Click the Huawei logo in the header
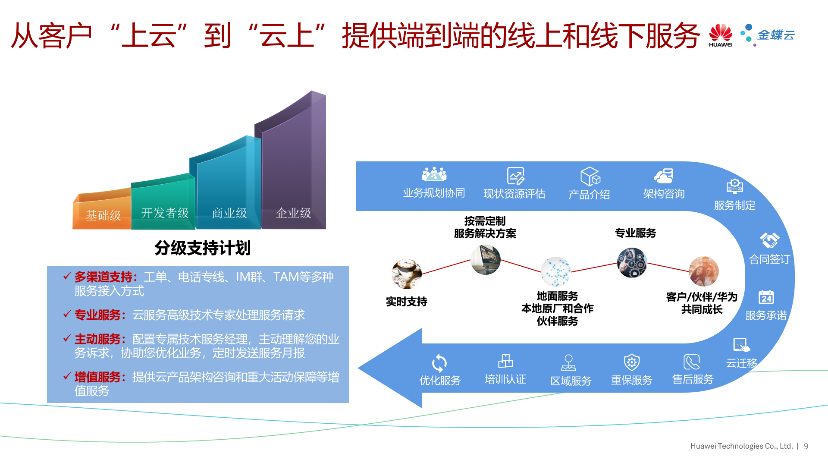pos(721,35)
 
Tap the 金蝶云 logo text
pos(776,35)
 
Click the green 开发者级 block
pos(164,207)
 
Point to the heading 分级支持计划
pos(202,248)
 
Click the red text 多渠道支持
pos(103,277)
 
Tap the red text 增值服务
pos(97,377)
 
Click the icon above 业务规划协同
pos(434,174)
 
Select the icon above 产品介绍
pos(590,176)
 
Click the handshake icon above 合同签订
pos(770,240)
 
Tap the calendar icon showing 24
pos(766,297)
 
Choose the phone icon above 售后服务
pos(692,362)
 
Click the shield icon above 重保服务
pos(632,362)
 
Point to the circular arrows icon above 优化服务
pos(439,363)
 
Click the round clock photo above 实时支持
pos(406,274)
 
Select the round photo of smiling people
pos(703,271)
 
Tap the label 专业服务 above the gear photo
pos(635,233)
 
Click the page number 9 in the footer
pos(806,446)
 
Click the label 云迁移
pos(741,363)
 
